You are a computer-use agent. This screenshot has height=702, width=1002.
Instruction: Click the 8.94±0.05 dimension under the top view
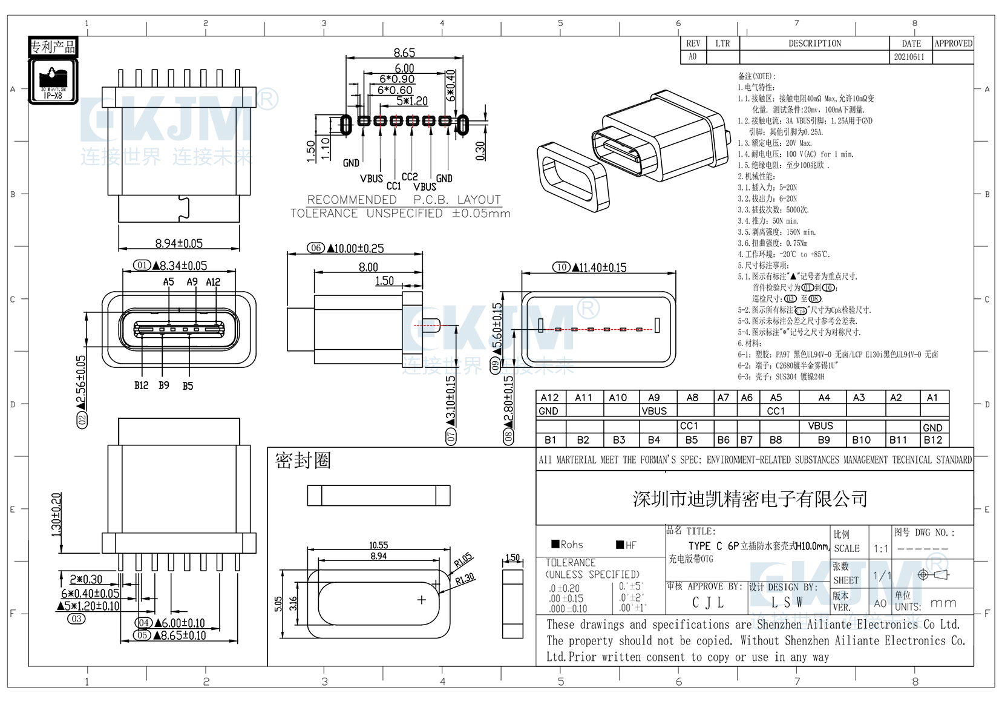pos(178,243)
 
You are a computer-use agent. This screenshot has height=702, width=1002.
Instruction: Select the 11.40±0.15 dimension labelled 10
pos(598,267)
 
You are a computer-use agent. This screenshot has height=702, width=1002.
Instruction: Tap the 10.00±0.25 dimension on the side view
pos(355,248)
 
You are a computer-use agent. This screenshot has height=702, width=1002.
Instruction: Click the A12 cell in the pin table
pos(549,398)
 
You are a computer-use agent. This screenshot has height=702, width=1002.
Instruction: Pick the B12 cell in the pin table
pos(932,440)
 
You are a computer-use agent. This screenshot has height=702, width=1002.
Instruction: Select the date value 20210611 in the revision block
pos(909,57)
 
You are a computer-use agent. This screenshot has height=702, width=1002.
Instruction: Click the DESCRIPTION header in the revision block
pos(814,44)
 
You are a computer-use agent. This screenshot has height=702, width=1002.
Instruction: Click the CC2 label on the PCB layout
pos(410,177)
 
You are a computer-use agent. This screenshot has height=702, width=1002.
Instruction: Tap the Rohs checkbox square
pos(555,544)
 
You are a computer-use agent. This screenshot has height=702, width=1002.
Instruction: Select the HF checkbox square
pos(620,545)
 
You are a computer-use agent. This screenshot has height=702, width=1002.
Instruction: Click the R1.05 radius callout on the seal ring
pos(463,560)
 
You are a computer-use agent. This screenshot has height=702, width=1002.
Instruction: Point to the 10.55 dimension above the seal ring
pos(379,545)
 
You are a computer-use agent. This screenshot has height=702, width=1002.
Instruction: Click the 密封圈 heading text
pos(303,461)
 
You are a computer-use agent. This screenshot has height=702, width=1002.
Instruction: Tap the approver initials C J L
pos(707,603)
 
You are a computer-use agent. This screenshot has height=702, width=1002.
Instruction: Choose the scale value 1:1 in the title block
pos(881,549)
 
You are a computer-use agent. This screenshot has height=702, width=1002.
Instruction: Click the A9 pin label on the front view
pos(192,282)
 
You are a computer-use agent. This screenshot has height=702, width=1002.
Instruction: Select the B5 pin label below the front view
pos(188,386)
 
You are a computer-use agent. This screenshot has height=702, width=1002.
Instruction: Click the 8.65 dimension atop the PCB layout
pos(404,53)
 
